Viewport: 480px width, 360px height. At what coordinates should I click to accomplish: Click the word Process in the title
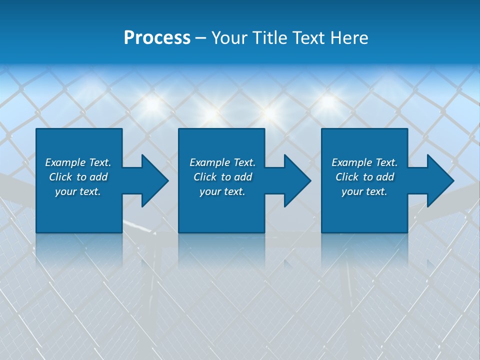[157, 38]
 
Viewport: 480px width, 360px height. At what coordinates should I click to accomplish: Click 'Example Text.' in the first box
[78, 162]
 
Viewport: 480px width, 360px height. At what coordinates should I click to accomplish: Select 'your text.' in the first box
[78, 191]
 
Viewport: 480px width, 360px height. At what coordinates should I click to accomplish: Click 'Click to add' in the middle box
[222, 177]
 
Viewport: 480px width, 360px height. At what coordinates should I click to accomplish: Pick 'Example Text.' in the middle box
[222, 162]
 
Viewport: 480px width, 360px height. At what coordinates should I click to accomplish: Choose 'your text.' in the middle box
[222, 191]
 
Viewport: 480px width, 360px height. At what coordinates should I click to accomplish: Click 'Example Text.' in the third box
[364, 162]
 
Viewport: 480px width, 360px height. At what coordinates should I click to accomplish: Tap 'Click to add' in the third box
[364, 177]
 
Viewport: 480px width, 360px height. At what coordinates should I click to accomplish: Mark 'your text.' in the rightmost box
[364, 191]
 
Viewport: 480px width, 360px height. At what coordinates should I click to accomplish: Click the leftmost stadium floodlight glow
[152, 104]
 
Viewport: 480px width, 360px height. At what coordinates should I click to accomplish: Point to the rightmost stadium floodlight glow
[327, 101]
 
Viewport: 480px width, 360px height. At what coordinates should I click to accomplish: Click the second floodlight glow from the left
[212, 113]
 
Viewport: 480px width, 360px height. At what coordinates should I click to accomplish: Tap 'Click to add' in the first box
[78, 177]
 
